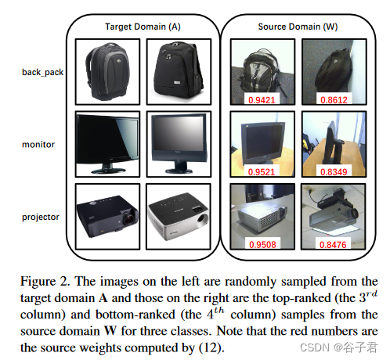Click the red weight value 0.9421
tap(262, 100)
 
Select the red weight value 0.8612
tap(334, 100)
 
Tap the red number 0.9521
tap(262, 172)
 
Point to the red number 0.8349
tap(334, 172)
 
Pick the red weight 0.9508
tap(262, 245)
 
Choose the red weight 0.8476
tap(333, 245)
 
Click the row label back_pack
tap(42, 72)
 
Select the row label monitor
tap(38, 145)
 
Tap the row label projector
tap(41, 218)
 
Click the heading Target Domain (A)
tap(143, 27)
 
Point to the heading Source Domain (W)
tap(298, 27)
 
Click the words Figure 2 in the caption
tap(45, 282)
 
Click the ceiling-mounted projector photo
tap(334, 216)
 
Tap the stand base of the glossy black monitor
tap(108, 170)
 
